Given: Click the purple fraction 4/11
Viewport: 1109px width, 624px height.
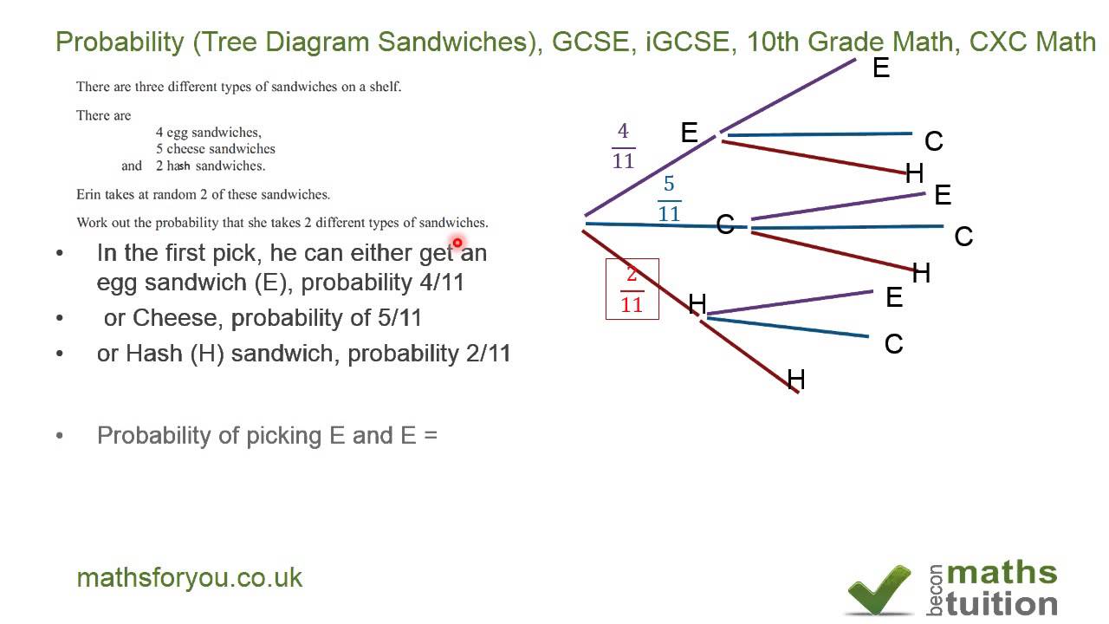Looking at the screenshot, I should pyautogui.click(x=623, y=146).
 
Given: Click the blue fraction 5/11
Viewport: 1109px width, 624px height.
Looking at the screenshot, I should pyautogui.click(x=669, y=198).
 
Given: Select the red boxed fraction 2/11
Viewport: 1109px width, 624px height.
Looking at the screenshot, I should pyautogui.click(x=632, y=289).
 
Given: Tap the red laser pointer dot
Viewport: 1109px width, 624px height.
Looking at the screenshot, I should pyautogui.click(x=457, y=243).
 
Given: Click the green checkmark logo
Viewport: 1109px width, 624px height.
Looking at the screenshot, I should pyautogui.click(x=879, y=589).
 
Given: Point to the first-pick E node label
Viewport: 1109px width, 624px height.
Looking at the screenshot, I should pyautogui.click(x=690, y=133).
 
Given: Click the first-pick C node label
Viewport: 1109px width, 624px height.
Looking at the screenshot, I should pyautogui.click(x=725, y=225).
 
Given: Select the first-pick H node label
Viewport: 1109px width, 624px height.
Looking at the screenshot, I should pyautogui.click(x=697, y=303).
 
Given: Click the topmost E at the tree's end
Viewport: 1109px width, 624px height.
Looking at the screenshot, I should pyautogui.click(x=881, y=68).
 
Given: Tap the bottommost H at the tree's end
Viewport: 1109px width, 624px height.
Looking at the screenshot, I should pyautogui.click(x=795, y=380).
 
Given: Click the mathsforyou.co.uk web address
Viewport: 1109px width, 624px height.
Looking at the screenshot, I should pyautogui.click(x=190, y=578).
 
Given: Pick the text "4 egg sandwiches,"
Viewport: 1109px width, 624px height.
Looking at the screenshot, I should pyautogui.click(x=209, y=133).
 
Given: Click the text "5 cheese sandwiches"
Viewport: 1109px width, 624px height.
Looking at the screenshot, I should pyautogui.click(x=216, y=149).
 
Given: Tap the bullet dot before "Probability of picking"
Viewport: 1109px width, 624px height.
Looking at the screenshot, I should pyautogui.click(x=60, y=435).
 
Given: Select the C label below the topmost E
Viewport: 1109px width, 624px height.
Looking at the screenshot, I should pyautogui.click(x=933, y=141).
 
